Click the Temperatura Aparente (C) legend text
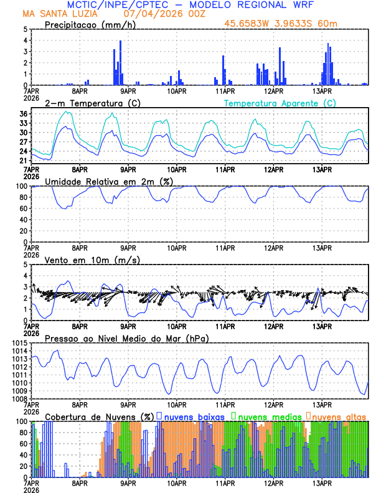tap(280, 103)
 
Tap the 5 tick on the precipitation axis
tap(26, 29)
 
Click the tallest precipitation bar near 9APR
tap(120, 62)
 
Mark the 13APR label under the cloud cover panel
tap(321, 483)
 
